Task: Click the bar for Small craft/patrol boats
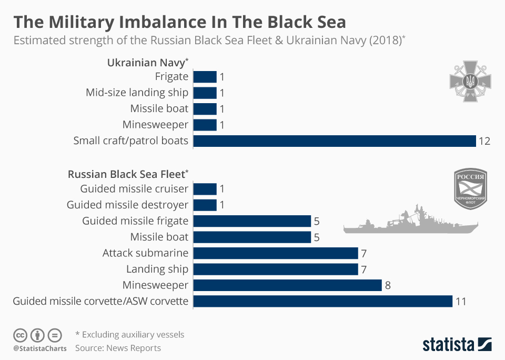[335, 141]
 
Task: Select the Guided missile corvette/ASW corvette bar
[323, 301]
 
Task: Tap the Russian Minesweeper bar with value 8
[287, 285]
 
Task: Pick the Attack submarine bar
[276, 253]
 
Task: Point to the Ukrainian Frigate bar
[205, 77]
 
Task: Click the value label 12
[484, 141]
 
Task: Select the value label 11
[461, 302]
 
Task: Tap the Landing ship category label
[157, 269]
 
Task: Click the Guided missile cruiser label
[134, 189]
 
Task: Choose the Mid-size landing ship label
[137, 93]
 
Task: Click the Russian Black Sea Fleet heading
[127, 174]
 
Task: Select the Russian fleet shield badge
[470, 190]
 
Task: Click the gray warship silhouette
[410, 222]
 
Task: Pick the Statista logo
[457, 345]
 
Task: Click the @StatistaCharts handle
[40, 348]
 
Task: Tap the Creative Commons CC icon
[20, 335]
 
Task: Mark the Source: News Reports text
[118, 348]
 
